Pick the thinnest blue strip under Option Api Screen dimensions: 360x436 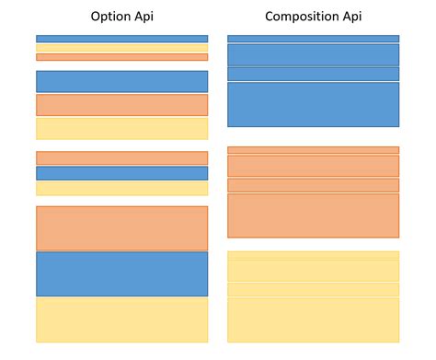point(121,39)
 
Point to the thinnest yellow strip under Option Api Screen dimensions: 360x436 point(121,48)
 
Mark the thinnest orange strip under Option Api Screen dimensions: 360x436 point(121,57)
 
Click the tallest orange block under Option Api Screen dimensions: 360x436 point(121,228)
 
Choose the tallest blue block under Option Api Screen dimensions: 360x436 point(121,273)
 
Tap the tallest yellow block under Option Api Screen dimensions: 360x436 point(121,319)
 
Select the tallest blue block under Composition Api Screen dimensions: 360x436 point(313,104)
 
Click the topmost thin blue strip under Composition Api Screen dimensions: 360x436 point(313,39)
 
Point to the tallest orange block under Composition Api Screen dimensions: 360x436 point(313,215)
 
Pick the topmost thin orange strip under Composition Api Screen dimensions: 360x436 point(313,149)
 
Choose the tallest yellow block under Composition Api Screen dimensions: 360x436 point(313,319)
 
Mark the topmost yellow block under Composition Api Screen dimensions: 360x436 point(313,255)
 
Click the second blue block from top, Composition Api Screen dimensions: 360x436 point(313,54)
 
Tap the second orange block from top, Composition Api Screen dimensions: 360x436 point(313,166)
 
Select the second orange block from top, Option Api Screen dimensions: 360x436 point(121,104)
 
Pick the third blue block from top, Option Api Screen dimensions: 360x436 point(121,173)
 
